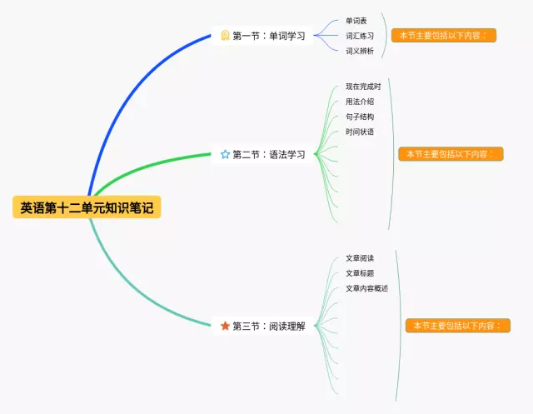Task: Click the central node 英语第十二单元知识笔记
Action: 87,207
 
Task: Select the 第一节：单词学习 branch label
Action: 268,36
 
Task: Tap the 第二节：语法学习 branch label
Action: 268,154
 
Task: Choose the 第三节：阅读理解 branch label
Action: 268,326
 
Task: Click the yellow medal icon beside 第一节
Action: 225,36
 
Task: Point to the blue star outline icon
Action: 225,154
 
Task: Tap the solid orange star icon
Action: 225,326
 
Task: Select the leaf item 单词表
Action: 356,21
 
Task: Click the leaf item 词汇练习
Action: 359,36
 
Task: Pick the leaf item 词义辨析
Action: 359,51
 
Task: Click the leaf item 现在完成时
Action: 363,87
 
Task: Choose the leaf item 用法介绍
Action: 359,102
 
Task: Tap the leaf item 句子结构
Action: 359,117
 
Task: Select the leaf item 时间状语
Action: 359,132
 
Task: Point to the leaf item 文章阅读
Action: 359,258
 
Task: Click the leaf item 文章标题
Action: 359,273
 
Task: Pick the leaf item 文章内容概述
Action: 366,288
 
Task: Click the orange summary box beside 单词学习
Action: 444,36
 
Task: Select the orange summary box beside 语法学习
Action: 451,154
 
